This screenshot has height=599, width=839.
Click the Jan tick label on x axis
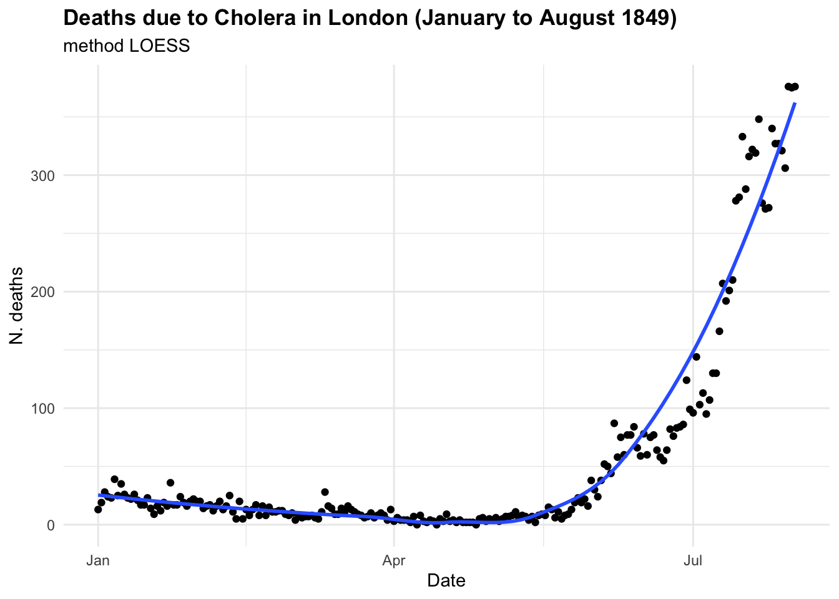[x=98, y=560]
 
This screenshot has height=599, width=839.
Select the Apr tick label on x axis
[x=394, y=560]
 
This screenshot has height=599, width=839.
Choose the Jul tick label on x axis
[x=693, y=560]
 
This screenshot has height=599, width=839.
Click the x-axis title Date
[x=446, y=582]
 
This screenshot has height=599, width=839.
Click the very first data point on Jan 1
[x=98, y=509]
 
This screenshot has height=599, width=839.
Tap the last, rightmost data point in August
[x=795, y=87]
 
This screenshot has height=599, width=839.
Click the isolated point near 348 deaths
[x=758, y=119]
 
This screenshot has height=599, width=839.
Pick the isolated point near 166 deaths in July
[x=719, y=331]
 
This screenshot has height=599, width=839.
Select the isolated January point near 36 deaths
[x=170, y=483]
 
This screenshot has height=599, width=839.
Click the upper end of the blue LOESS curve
[x=795, y=104]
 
